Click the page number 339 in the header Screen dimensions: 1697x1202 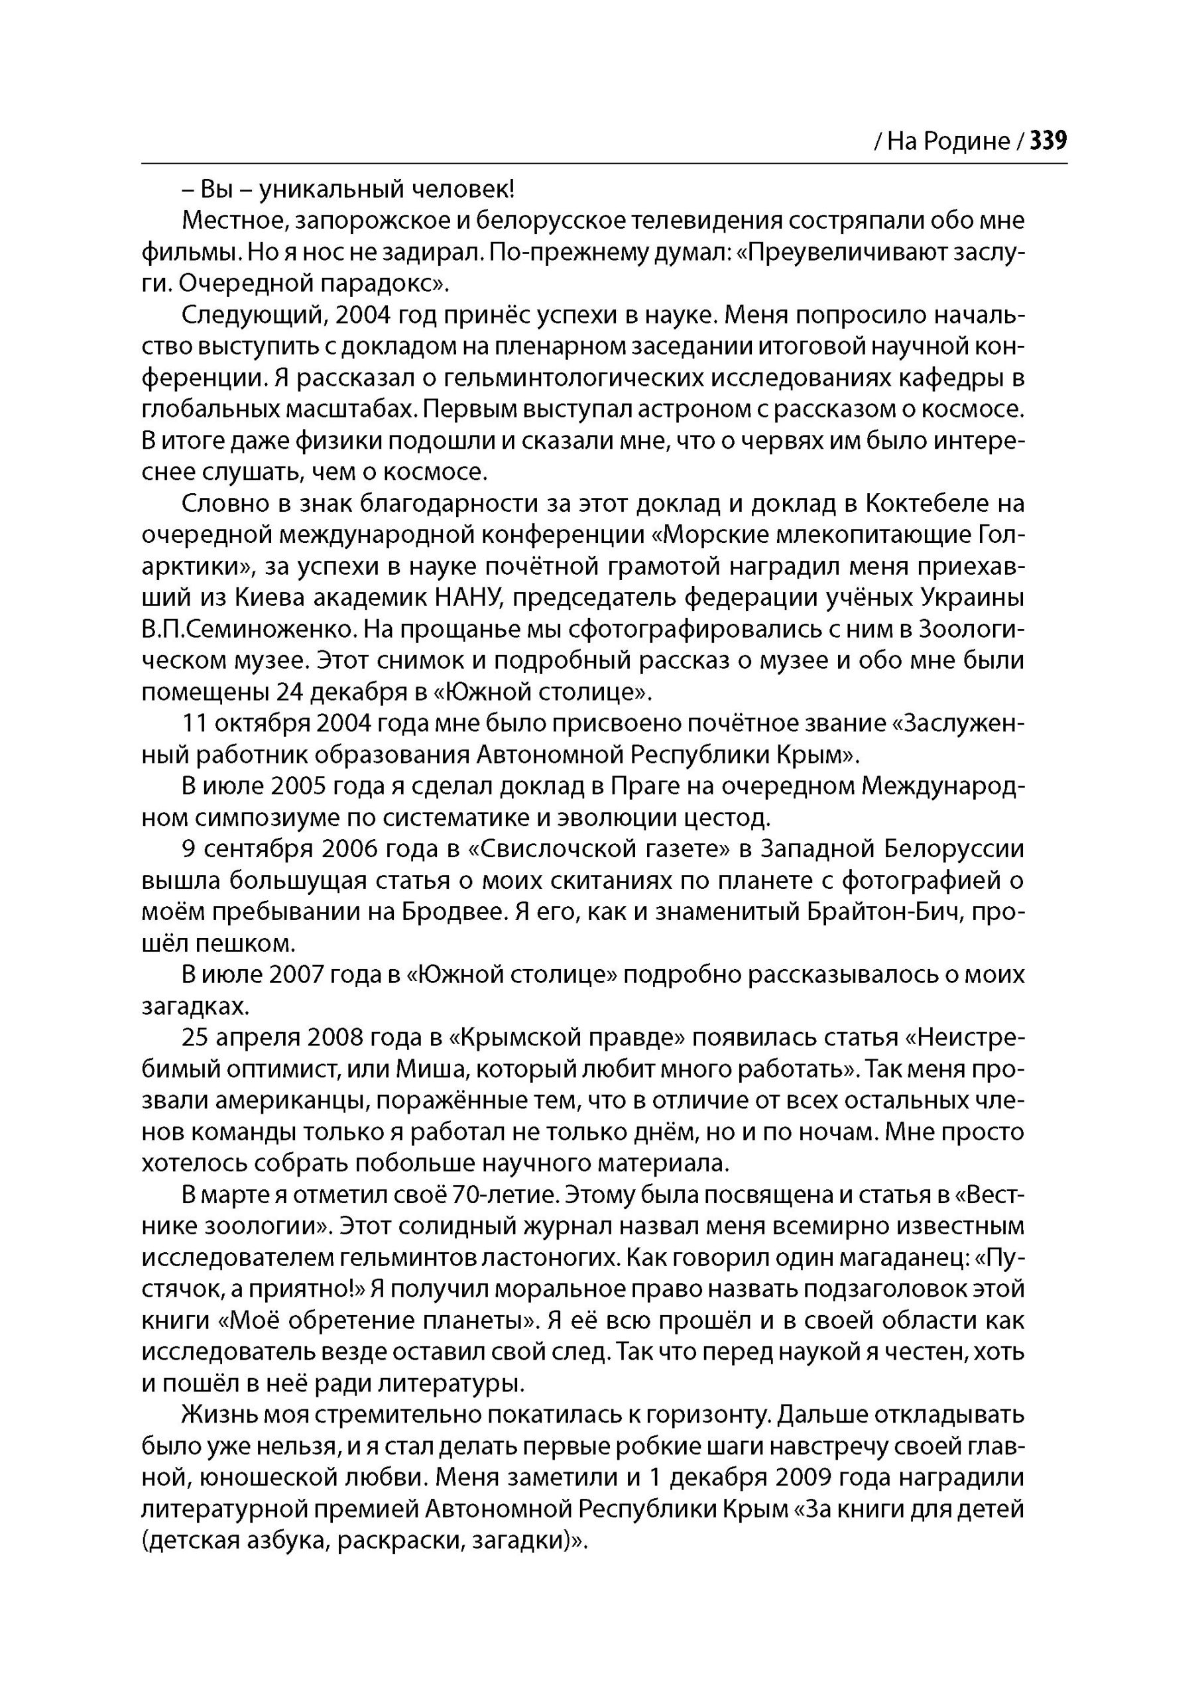pos(1048,141)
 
